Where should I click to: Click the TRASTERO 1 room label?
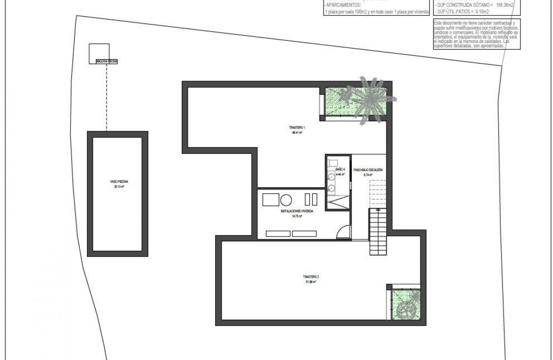(296, 128)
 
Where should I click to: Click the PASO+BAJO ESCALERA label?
(367, 170)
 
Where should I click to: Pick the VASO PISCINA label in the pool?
(118, 182)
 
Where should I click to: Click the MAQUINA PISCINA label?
(103, 62)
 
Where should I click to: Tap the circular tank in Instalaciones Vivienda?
(286, 199)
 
